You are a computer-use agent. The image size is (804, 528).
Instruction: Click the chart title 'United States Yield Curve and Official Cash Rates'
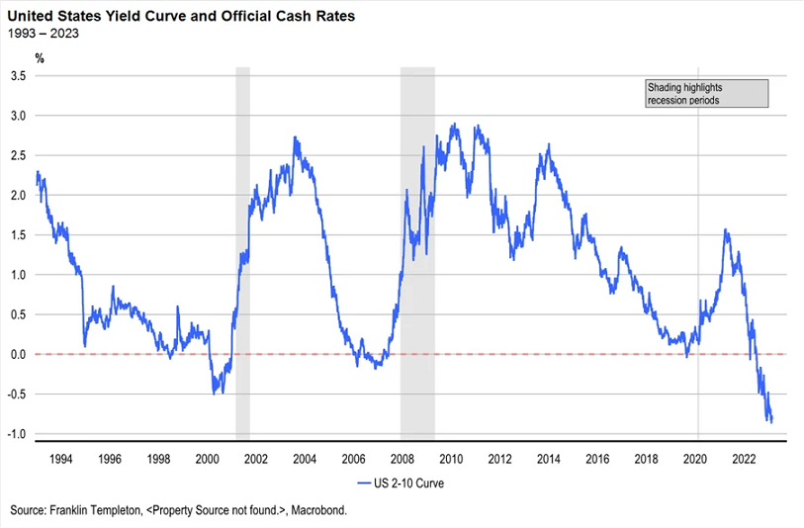[196, 16]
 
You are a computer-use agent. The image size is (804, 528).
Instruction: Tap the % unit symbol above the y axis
[40, 58]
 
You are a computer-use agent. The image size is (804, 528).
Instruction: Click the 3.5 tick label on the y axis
[18, 76]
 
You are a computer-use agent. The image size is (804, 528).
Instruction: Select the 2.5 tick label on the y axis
[18, 156]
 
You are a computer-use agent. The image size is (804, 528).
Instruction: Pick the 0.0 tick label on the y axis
[18, 354]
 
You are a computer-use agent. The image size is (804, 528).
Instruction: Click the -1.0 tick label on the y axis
[16, 434]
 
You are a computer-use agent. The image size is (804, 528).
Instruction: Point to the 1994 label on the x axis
[60, 459]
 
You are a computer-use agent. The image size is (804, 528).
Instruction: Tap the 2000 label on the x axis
[207, 459]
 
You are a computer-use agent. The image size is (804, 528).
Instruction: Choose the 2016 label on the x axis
[596, 459]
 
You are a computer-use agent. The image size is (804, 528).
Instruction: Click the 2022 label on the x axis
[743, 459]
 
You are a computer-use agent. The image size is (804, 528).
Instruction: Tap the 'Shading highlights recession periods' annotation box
[705, 94]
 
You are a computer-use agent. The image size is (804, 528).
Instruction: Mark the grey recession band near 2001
[242, 247]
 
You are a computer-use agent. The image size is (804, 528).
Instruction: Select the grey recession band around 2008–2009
[417, 247]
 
